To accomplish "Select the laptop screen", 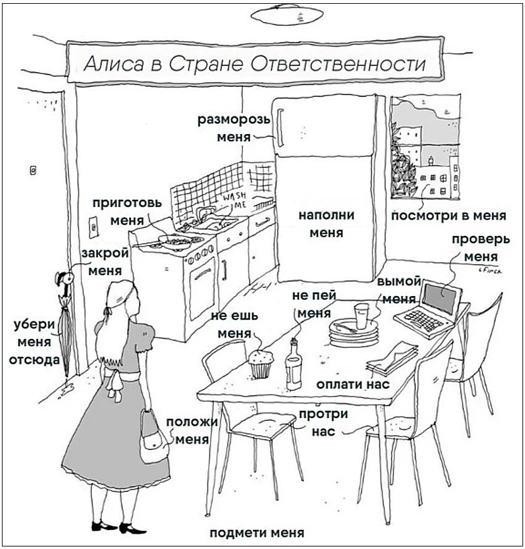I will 442,295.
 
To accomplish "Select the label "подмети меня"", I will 256,532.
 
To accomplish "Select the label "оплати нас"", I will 352,384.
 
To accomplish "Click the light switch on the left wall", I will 94,225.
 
